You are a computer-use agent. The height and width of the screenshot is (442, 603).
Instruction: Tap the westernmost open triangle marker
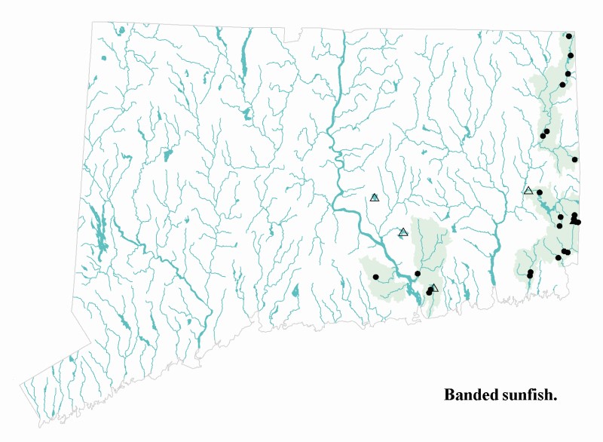pyautogui.click(x=375, y=198)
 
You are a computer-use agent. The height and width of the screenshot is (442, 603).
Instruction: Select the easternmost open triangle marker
pyautogui.click(x=528, y=191)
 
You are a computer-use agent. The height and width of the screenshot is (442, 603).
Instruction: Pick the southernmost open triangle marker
pyautogui.click(x=433, y=288)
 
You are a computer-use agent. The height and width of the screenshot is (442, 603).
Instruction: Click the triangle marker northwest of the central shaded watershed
pyautogui.click(x=403, y=232)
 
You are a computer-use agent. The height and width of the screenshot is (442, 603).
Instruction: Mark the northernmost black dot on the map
pyautogui.click(x=569, y=36)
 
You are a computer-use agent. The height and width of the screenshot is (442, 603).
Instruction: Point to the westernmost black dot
pyautogui.click(x=375, y=277)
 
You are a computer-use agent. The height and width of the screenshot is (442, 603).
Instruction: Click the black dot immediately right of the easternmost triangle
pyautogui.click(x=540, y=193)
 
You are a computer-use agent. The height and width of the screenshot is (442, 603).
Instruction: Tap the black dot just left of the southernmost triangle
pyautogui.click(x=429, y=292)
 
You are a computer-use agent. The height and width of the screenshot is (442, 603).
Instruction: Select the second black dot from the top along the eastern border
pyautogui.click(x=571, y=56)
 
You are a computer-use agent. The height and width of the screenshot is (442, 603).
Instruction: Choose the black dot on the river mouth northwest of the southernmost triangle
pyautogui.click(x=418, y=274)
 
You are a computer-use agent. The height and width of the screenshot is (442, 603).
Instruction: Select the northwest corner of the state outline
pyautogui.click(x=93, y=22)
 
